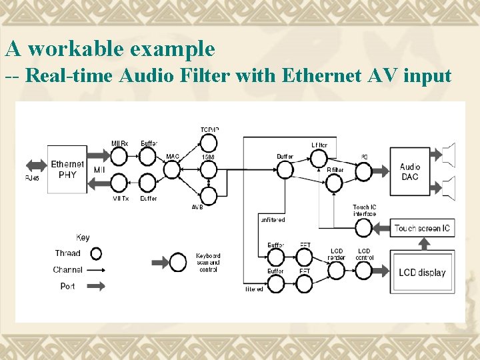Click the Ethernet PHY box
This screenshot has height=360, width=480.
point(67,169)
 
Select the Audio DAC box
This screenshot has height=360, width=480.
point(410,171)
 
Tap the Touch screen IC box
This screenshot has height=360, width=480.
point(422,229)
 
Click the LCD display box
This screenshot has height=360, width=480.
point(422,273)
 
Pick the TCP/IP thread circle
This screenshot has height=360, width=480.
point(209,143)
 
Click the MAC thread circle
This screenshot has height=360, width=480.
point(172,170)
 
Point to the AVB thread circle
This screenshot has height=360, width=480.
point(209,195)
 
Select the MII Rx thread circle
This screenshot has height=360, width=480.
point(119,156)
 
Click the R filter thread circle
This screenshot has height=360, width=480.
point(334,183)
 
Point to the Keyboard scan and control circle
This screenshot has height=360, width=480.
point(178,261)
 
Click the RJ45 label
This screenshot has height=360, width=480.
point(32,178)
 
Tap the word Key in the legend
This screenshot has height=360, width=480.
point(83,237)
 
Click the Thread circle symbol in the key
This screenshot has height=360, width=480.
point(96,253)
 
